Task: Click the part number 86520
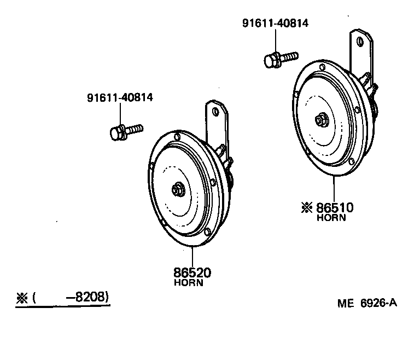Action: pos(192,272)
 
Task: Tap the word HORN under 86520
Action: pos(189,283)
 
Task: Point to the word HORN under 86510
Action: pos(331,218)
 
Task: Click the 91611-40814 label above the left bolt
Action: pos(120,98)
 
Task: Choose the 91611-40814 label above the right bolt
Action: pos(276,24)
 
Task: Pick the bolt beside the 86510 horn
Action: pos(281,59)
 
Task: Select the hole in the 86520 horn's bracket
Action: pos(215,111)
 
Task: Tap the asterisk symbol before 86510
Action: pos(306,208)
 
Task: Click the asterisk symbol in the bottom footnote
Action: pos(22,298)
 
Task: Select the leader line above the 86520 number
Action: pos(192,257)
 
